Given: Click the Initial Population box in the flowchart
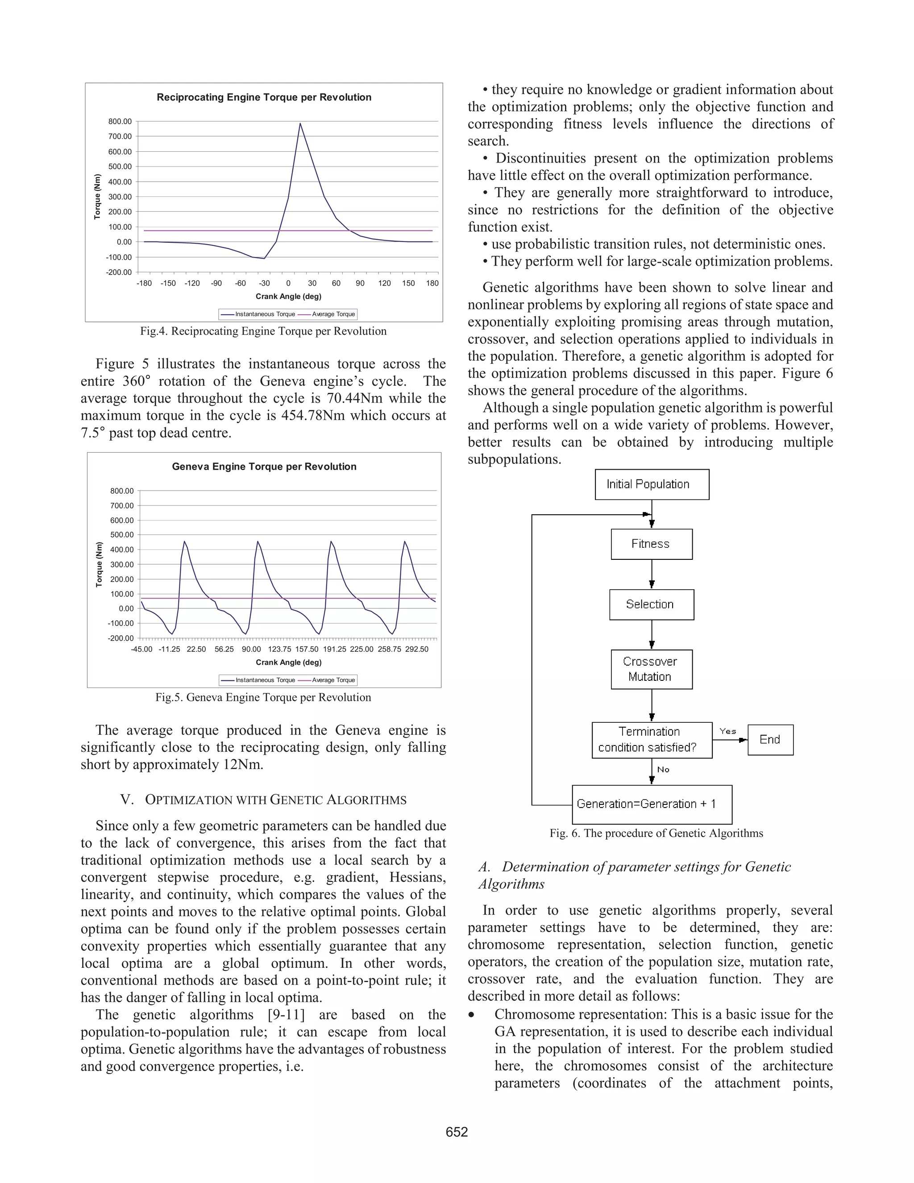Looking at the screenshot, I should pyautogui.click(x=652, y=484).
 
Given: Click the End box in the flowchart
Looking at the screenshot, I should pyautogui.click(x=770, y=739).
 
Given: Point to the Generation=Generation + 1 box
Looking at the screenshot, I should pyautogui.click(x=652, y=804).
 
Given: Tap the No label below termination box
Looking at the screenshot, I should pyautogui.click(x=663, y=769).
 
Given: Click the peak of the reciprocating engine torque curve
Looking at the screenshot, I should pyautogui.click(x=300, y=124).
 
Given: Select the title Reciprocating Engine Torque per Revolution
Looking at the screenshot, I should pyautogui.click(x=264, y=97).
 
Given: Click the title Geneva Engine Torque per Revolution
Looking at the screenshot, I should pyautogui.click(x=264, y=467).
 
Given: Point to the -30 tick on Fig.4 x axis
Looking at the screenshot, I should pyautogui.click(x=264, y=283).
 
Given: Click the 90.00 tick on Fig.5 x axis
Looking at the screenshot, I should pyautogui.click(x=251, y=649).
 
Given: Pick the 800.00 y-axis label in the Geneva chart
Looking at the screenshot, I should pyautogui.click(x=122, y=491).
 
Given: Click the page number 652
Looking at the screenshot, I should pyautogui.click(x=457, y=1132).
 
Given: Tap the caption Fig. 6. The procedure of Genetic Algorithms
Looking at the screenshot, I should pyautogui.click(x=656, y=833).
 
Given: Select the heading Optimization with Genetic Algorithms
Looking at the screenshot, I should pyautogui.click(x=263, y=800).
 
